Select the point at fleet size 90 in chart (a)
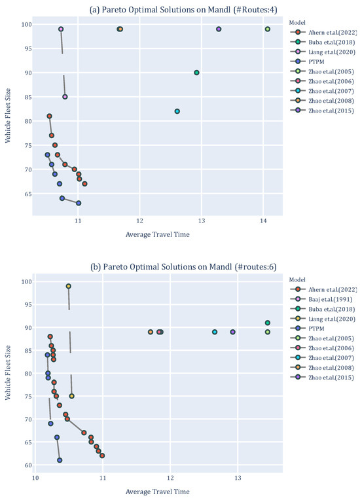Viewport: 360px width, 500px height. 196,73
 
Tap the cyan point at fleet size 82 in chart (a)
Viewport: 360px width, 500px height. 177,111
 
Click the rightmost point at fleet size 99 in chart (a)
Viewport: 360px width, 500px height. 267,29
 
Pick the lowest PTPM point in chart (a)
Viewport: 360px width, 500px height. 79,203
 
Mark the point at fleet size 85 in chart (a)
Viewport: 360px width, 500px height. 65,97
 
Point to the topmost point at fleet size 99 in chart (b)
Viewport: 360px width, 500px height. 68,286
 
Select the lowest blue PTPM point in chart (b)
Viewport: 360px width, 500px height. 60,460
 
